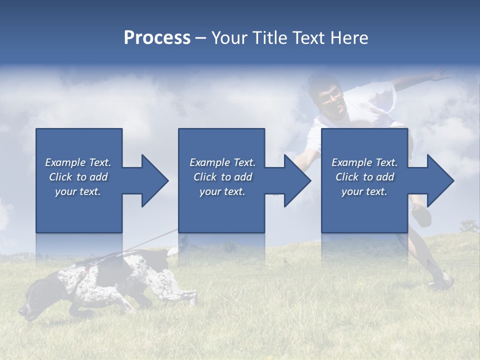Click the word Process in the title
click(157, 38)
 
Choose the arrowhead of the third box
click(439, 180)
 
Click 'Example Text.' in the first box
click(78, 162)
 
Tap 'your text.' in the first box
click(78, 191)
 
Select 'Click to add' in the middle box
click(222, 177)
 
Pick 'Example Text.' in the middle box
click(222, 162)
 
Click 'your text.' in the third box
click(364, 191)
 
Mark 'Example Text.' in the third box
click(364, 162)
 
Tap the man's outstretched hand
click(440, 75)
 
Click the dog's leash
click(145, 242)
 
